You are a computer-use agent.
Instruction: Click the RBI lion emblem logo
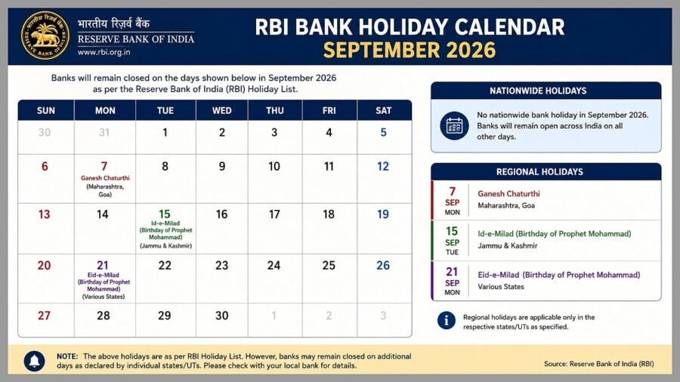click(45, 35)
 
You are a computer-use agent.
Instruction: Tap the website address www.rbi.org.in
click(104, 52)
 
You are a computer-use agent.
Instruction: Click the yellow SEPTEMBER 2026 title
click(410, 50)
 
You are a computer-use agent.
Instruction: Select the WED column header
click(221, 110)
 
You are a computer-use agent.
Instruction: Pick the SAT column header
click(383, 110)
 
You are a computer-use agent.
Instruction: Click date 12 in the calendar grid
click(383, 166)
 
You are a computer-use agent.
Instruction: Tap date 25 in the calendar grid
click(329, 265)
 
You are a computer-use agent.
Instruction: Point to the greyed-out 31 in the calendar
click(104, 132)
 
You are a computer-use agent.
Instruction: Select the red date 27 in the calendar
click(44, 316)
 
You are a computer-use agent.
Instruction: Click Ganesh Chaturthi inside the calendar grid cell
click(105, 178)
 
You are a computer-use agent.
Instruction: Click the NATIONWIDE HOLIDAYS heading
click(538, 91)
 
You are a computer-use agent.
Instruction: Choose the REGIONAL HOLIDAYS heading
click(539, 171)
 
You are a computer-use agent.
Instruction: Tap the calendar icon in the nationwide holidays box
click(454, 125)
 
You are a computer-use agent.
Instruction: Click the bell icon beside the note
click(34, 360)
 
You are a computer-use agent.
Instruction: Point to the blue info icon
click(447, 321)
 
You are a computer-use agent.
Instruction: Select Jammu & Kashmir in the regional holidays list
click(508, 245)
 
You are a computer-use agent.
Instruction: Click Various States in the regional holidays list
click(501, 287)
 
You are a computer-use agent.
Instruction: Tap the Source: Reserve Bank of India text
click(599, 364)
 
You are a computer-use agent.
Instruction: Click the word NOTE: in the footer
click(67, 356)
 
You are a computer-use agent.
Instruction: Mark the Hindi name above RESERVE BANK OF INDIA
click(113, 23)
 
